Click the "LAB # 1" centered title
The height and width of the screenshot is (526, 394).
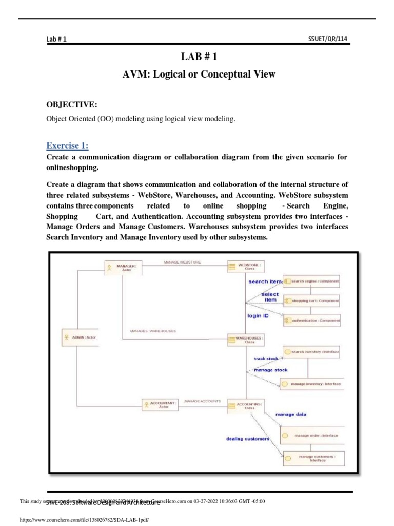click(x=198, y=57)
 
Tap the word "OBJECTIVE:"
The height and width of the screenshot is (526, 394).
click(x=72, y=105)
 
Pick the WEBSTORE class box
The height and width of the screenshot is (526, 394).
click(x=246, y=266)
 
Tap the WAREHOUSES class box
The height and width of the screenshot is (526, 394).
click(x=246, y=340)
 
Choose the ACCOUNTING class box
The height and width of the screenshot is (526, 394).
click(x=246, y=406)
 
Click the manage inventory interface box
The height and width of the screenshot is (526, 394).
click(x=310, y=384)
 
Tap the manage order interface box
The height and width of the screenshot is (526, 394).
click(x=312, y=435)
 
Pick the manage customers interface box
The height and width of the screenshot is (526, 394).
click(x=313, y=458)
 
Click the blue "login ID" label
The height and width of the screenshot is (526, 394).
click(x=258, y=316)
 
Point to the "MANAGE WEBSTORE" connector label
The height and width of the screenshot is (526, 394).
click(x=183, y=262)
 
